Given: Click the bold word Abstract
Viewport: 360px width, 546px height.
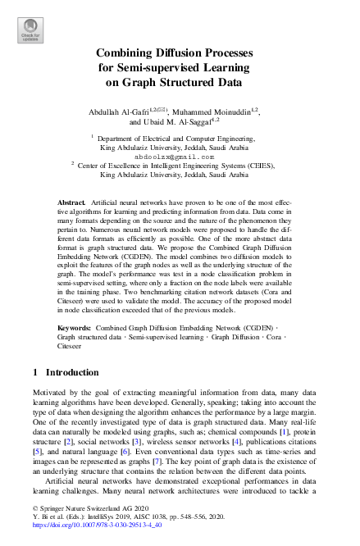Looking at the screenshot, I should click(x=71, y=201).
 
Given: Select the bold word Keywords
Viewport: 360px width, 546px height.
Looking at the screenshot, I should click(x=74, y=325).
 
